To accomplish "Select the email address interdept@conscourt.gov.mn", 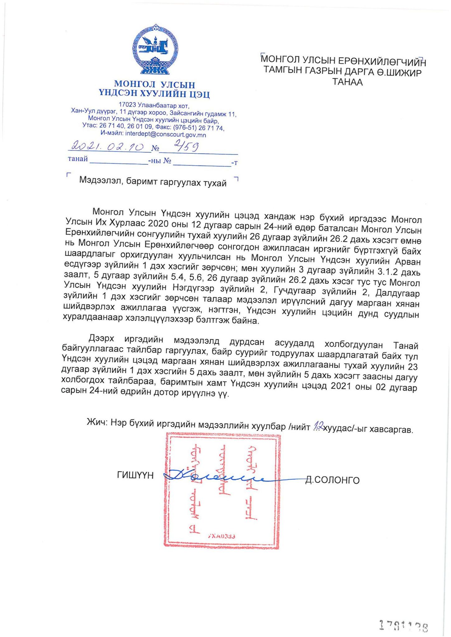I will [x=165, y=135].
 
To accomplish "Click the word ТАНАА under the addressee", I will [x=347, y=82].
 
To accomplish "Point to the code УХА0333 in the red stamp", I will [x=221, y=536].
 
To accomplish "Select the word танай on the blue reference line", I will [x=78, y=159].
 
